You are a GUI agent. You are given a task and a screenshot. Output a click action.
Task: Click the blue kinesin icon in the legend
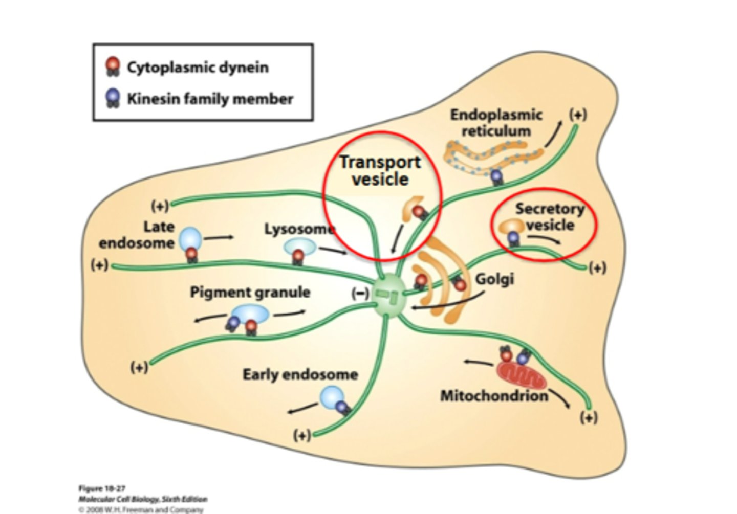tap(112, 98)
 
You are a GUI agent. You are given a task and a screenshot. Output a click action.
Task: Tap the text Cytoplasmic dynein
tap(198, 68)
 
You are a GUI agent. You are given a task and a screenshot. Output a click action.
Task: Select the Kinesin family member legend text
tap(210, 99)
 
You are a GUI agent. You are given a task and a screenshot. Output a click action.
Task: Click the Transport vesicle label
tap(380, 170)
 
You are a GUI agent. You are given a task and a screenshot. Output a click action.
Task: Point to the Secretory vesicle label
tap(550, 216)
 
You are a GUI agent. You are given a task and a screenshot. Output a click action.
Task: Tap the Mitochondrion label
tap(494, 396)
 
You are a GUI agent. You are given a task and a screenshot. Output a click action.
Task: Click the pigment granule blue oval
tap(250, 314)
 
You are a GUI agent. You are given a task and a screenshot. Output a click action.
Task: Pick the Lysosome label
tap(299, 229)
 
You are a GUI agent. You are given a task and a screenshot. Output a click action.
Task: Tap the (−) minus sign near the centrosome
tap(360, 293)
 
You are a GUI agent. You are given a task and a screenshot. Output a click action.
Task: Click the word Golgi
tap(494, 279)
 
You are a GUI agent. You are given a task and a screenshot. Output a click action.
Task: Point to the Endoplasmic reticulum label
tap(495, 123)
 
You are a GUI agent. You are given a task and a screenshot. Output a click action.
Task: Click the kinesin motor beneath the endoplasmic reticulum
tap(496, 177)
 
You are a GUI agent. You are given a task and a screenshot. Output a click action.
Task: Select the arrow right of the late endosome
tap(219, 237)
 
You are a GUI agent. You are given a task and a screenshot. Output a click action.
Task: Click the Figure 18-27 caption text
tap(102, 488)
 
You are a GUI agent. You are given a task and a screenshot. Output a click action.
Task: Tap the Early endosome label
tap(300, 374)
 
